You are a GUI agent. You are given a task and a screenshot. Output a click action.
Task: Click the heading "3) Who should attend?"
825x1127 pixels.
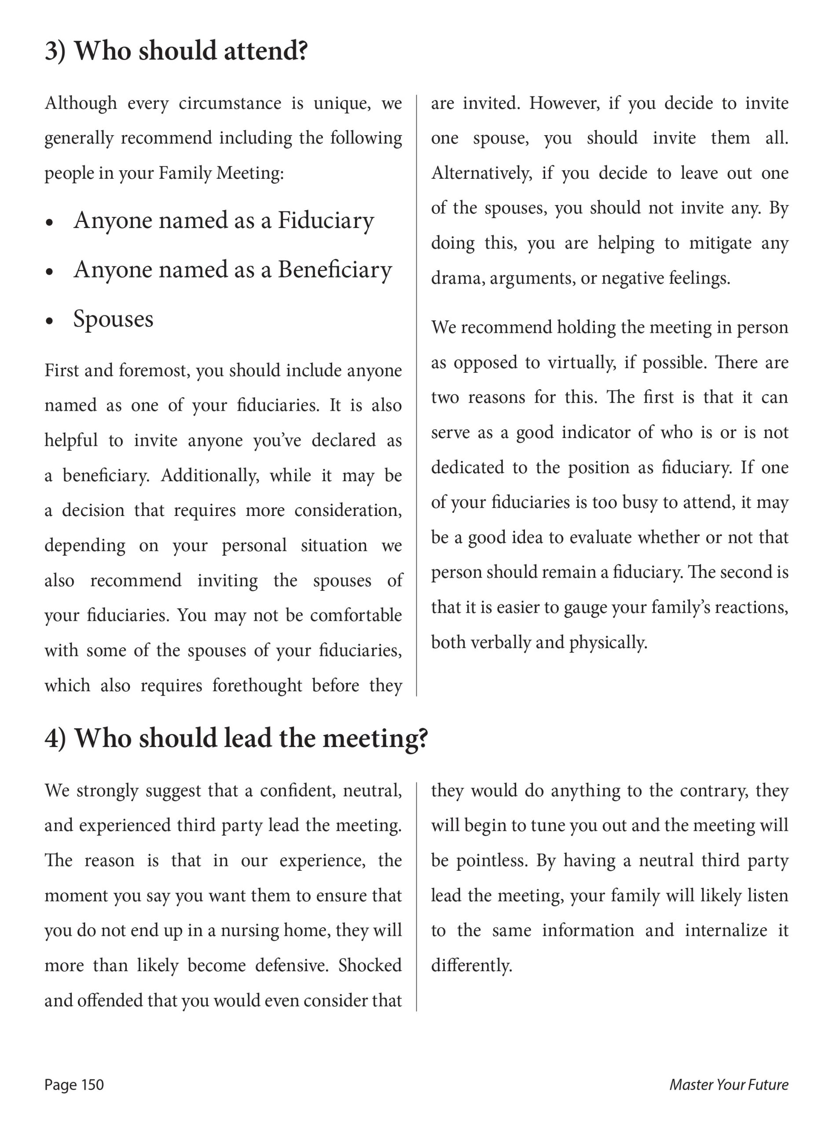coord(176,51)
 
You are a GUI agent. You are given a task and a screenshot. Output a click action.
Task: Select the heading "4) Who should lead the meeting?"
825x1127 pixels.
coord(236,738)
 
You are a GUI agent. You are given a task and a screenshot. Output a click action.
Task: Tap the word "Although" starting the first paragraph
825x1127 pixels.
coord(81,103)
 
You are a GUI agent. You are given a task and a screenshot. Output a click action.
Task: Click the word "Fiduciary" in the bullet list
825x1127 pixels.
coord(326,220)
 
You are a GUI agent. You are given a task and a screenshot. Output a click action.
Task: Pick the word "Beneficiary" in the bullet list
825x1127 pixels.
coord(334,270)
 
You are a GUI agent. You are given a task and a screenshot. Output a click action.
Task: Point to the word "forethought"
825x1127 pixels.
coord(257,685)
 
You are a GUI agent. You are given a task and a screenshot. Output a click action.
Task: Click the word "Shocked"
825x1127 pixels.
coord(370,965)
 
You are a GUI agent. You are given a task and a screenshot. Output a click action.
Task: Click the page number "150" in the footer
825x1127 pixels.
coord(92,1085)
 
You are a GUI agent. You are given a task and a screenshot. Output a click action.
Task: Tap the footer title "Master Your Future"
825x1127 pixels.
coord(729,1085)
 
